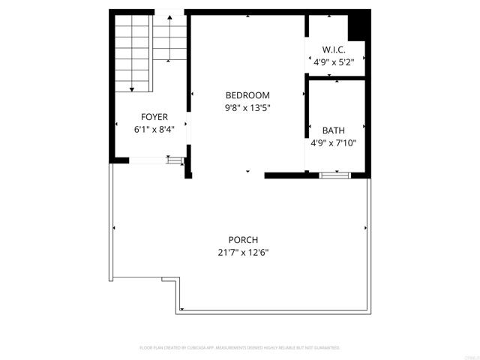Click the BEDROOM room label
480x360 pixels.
pyautogui.click(x=247, y=95)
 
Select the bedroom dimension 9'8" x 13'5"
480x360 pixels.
pyautogui.click(x=247, y=108)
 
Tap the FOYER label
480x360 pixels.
pyautogui.click(x=154, y=117)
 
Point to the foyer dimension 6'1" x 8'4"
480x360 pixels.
pyautogui.click(x=154, y=130)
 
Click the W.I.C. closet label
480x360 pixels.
pyautogui.click(x=333, y=51)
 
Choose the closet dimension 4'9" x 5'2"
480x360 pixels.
pyautogui.click(x=333, y=63)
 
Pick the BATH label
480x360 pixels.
pyautogui.click(x=334, y=130)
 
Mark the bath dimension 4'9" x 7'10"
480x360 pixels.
pyautogui.click(x=334, y=142)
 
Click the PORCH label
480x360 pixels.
pyautogui.click(x=238, y=240)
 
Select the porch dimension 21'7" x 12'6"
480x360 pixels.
pyautogui.click(x=238, y=253)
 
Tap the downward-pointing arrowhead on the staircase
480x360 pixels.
pyautogui.click(x=133, y=88)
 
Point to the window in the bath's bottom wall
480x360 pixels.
pyautogui.click(x=334, y=175)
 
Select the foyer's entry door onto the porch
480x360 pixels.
pyautogui.click(x=148, y=159)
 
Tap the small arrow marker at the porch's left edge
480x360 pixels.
pyautogui.click(x=114, y=227)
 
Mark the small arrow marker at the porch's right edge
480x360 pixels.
pyautogui.click(x=365, y=227)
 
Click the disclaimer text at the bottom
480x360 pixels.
pyautogui.click(x=240, y=348)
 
